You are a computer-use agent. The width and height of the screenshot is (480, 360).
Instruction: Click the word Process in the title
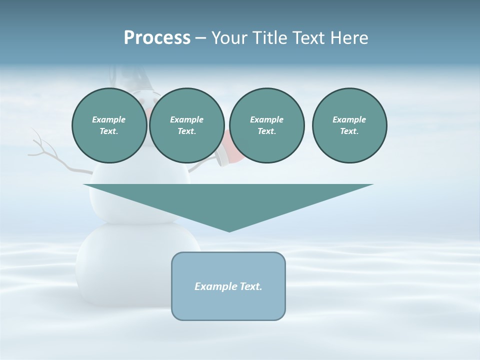pyautogui.click(x=157, y=38)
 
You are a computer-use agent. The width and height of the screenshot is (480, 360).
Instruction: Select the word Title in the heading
pyautogui.click(x=269, y=38)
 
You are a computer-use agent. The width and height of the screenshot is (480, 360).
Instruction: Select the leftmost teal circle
pyautogui.click(x=109, y=125)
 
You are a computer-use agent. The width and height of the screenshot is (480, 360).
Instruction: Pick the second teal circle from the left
pyautogui.click(x=186, y=125)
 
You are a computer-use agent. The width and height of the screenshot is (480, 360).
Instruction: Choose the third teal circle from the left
pyautogui.click(x=266, y=125)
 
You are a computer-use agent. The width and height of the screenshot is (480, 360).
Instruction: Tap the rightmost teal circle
pyautogui.click(x=349, y=125)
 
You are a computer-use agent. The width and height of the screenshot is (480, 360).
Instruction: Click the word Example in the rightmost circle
pyautogui.click(x=349, y=119)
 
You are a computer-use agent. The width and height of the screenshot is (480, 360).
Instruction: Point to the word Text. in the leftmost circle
pyautogui.click(x=109, y=131)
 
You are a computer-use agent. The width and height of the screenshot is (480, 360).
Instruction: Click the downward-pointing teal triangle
pyautogui.click(x=228, y=200)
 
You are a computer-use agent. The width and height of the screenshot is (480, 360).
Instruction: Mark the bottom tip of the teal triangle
pyautogui.click(x=229, y=230)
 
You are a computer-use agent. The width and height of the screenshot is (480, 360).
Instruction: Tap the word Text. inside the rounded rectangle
pyautogui.click(x=250, y=286)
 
